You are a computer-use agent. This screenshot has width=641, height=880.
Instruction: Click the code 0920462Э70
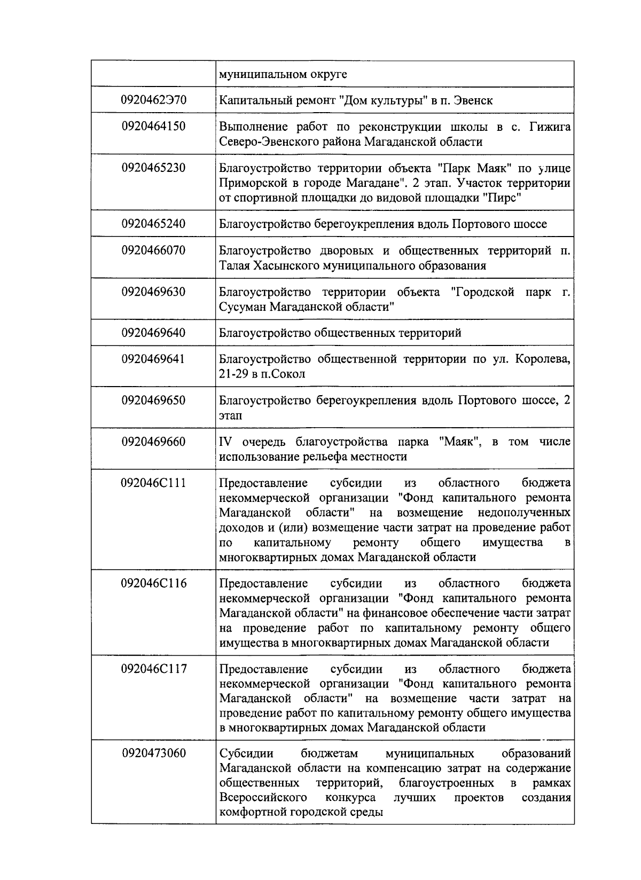click(x=153, y=100)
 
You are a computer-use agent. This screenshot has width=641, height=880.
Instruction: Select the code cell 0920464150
click(x=153, y=127)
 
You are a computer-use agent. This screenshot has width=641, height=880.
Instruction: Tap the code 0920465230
click(x=153, y=168)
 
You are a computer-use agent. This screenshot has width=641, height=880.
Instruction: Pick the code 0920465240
click(x=153, y=224)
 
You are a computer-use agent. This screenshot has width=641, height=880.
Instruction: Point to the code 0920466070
click(x=153, y=250)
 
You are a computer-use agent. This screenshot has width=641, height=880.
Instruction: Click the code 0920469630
click(x=153, y=292)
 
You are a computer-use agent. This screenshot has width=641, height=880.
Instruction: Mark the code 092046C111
click(x=153, y=483)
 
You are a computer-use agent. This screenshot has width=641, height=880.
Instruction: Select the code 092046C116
click(x=153, y=584)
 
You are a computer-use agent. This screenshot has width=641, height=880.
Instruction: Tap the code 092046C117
click(x=153, y=669)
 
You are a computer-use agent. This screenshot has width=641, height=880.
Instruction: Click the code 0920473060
click(x=153, y=753)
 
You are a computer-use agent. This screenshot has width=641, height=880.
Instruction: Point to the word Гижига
click(x=550, y=127)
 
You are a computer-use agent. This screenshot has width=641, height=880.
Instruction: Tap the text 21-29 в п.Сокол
click(x=262, y=374)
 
